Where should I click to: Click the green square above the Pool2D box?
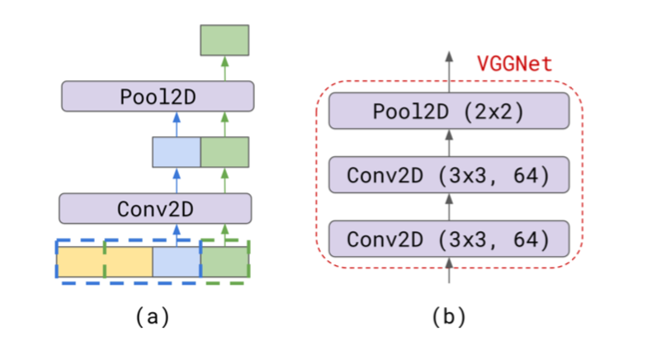tap(224, 40)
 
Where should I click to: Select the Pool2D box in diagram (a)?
tap(158, 97)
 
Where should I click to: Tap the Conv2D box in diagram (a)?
tap(154, 207)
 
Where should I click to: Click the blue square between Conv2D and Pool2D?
tap(177, 152)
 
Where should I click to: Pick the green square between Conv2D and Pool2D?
tap(224, 152)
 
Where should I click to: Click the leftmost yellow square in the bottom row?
tap(80, 261)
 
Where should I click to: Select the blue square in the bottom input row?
tap(177, 261)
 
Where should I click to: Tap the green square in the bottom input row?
tap(224, 261)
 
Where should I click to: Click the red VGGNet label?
tap(514, 64)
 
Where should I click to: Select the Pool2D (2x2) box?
tap(449, 111)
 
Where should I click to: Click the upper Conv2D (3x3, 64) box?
tap(449, 175)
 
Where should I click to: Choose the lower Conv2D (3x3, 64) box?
tap(449, 239)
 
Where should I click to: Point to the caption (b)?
tap(449, 316)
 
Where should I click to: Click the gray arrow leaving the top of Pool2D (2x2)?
tap(449, 70)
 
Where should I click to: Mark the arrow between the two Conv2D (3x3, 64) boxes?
tap(449, 207)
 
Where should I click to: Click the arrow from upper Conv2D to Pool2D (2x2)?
tap(449, 143)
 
